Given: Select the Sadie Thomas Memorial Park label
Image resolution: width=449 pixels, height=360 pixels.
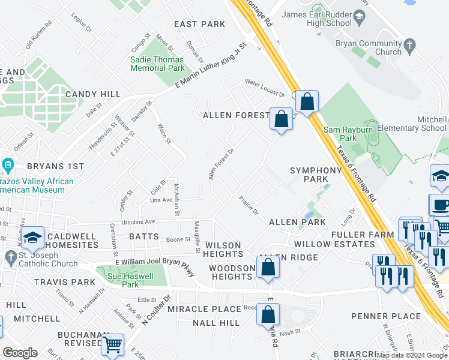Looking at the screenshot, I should point(157,64).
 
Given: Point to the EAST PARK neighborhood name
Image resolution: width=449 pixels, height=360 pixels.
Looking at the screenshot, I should point(199,24).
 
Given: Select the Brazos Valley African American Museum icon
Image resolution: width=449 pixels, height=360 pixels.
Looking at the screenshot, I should point(8,164).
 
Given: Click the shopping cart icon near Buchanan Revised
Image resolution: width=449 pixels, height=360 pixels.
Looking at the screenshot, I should point(112,344).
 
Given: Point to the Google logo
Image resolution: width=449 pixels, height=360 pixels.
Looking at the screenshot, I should point(20,353).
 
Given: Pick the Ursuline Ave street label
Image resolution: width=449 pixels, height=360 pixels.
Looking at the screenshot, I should point(139,221).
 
